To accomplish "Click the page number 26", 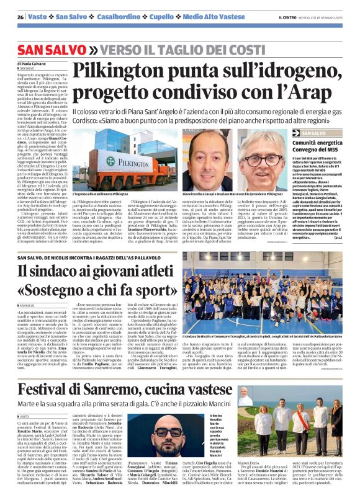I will coord(20,17).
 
